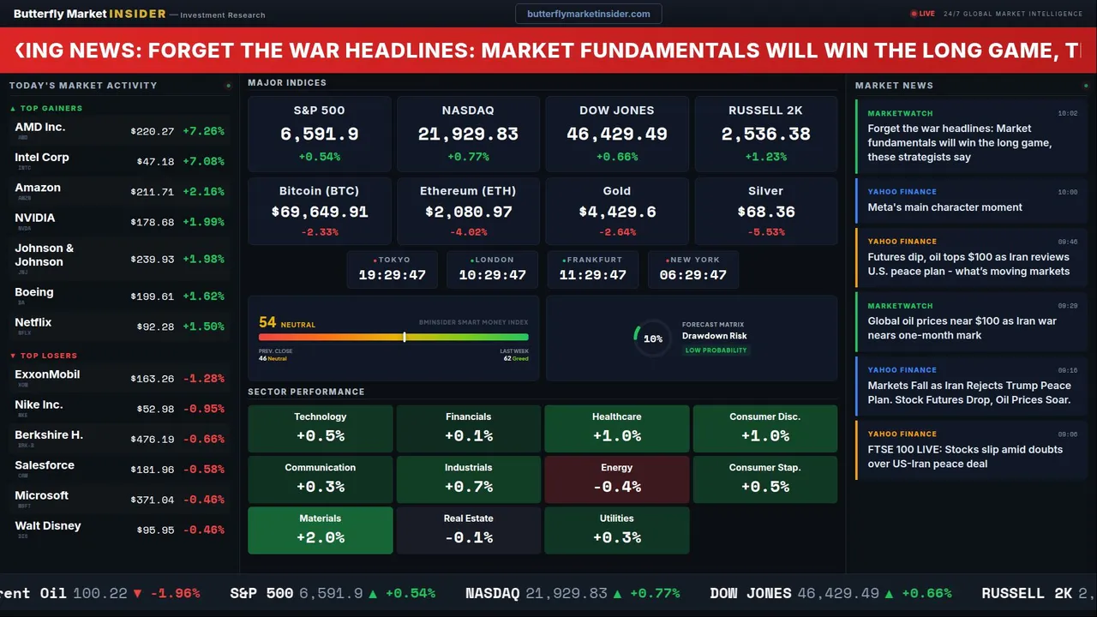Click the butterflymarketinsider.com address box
588,14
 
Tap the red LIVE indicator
923,14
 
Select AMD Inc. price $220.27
153,132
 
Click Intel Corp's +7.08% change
203,162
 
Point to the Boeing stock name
34,292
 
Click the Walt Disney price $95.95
155,530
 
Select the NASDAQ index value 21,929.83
468,135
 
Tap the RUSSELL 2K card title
765,111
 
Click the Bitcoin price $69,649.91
319,212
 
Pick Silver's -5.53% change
765,232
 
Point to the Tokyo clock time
392,275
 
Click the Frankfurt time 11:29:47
592,275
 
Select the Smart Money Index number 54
267,323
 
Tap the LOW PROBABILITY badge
716,350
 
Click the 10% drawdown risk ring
652,338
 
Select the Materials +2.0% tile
320,530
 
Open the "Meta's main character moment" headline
944,207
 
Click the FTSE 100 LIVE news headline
964,457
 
